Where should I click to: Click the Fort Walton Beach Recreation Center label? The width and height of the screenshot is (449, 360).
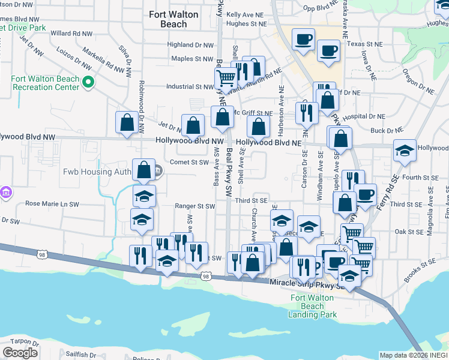[45, 83]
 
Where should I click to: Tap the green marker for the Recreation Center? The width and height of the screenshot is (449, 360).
[88, 82]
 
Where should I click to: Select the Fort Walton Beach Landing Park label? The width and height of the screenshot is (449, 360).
[312, 306]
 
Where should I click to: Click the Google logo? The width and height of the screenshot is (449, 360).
[20, 353]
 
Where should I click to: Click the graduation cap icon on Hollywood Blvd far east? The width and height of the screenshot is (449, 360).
[405, 150]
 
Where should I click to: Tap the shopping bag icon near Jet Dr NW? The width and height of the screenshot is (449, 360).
[127, 122]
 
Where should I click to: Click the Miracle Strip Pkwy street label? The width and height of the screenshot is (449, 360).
[306, 283]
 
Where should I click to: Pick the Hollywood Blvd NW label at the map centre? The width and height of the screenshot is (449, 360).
[189, 141]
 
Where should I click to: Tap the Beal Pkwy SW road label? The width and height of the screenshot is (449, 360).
[229, 174]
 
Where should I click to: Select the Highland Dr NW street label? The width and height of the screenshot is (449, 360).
[190, 45]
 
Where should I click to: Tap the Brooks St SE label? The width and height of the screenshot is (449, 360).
[418, 272]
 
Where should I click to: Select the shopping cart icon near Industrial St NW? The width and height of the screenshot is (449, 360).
[226, 77]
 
